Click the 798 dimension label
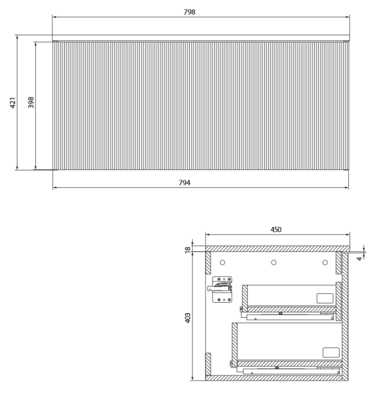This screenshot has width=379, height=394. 189,12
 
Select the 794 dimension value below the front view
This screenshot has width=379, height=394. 184,183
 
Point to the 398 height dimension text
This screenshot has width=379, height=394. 31,103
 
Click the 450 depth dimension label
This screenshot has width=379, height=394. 276,230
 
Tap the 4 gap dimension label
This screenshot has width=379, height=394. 359,258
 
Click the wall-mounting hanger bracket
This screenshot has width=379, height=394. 221,289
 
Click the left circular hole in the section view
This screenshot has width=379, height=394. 222,262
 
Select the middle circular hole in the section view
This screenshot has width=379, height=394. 273,262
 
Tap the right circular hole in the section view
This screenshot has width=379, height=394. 325,262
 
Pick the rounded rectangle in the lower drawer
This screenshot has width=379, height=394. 330,352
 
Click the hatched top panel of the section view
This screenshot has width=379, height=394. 277,248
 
